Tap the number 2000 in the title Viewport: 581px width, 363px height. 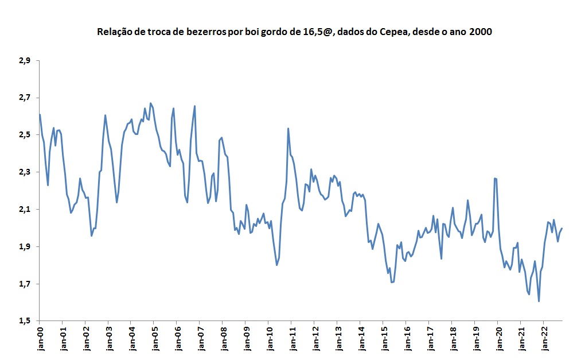tap(481, 32)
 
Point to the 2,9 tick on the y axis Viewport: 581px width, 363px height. tap(25, 60)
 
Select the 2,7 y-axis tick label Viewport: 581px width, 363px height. tap(25, 98)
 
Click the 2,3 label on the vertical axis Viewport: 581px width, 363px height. tap(25, 172)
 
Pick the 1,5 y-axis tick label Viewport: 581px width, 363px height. tap(25, 321)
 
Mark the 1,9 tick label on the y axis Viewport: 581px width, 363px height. tap(25, 247)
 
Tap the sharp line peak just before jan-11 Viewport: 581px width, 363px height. tap(288, 129)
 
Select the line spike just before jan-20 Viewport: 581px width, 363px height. tap(495, 179)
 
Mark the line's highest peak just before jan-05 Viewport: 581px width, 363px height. tap(150, 103)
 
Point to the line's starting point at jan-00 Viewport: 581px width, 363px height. tap(40, 114)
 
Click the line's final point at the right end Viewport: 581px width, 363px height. tap(562, 229)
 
